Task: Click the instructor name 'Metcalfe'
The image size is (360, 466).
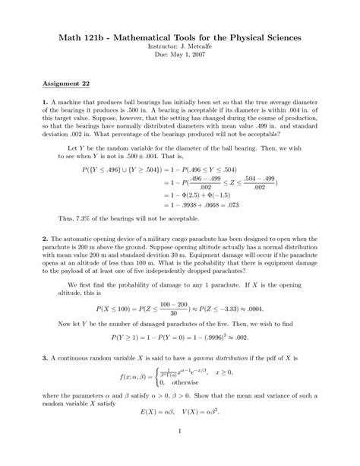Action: click(197, 46)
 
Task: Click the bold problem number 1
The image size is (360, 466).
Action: click(45, 102)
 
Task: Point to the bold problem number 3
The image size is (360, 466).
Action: click(45, 357)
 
